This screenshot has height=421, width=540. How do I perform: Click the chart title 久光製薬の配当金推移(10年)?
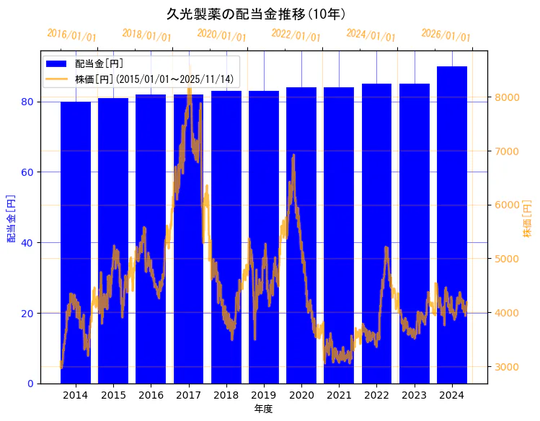(256, 14)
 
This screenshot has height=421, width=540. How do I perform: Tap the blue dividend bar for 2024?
(452, 224)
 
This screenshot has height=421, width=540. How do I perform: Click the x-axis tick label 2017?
(188, 395)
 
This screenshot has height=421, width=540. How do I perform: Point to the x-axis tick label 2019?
(264, 395)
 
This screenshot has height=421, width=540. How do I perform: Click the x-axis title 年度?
(263, 409)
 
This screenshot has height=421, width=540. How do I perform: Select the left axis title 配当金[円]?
(11, 218)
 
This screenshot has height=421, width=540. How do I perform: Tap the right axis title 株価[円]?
(527, 220)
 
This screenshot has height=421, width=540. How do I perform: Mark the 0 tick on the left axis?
(31, 384)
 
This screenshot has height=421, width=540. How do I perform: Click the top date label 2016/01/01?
(71, 35)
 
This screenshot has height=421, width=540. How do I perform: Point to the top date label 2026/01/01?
(446, 35)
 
